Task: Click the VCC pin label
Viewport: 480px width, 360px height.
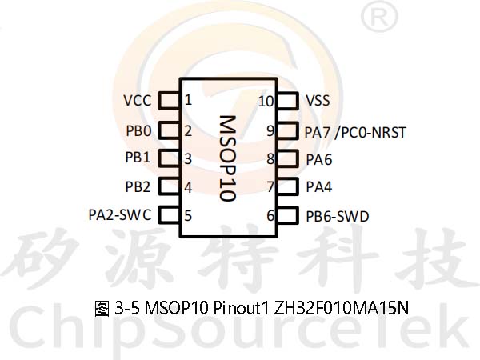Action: click(137, 101)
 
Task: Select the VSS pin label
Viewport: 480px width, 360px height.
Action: click(318, 101)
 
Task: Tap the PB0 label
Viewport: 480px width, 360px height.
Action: click(138, 131)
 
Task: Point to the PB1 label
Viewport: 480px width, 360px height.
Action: click(138, 158)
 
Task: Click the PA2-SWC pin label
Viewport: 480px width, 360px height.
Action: click(120, 214)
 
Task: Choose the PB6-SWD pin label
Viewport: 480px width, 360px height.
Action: click(338, 217)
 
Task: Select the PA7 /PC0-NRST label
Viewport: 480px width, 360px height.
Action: click(355, 133)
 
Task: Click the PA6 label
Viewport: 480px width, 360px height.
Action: click(319, 159)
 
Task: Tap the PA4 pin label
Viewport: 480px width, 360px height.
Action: click(319, 186)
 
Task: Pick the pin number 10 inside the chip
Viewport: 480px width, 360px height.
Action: click(266, 102)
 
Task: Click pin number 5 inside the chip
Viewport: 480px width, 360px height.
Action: click(188, 215)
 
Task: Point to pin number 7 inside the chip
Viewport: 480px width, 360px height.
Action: click(270, 187)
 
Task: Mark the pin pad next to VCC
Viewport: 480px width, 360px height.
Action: click(169, 101)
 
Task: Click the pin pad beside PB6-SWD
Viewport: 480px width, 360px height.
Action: click(288, 215)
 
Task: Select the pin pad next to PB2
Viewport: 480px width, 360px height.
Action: click(169, 186)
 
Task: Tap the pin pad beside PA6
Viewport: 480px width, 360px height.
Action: click(288, 158)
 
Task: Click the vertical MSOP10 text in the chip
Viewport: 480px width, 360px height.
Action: click(228, 158)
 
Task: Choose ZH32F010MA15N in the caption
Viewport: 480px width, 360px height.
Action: click(342, 308)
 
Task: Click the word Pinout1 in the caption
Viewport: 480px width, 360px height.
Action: click(241, 308)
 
